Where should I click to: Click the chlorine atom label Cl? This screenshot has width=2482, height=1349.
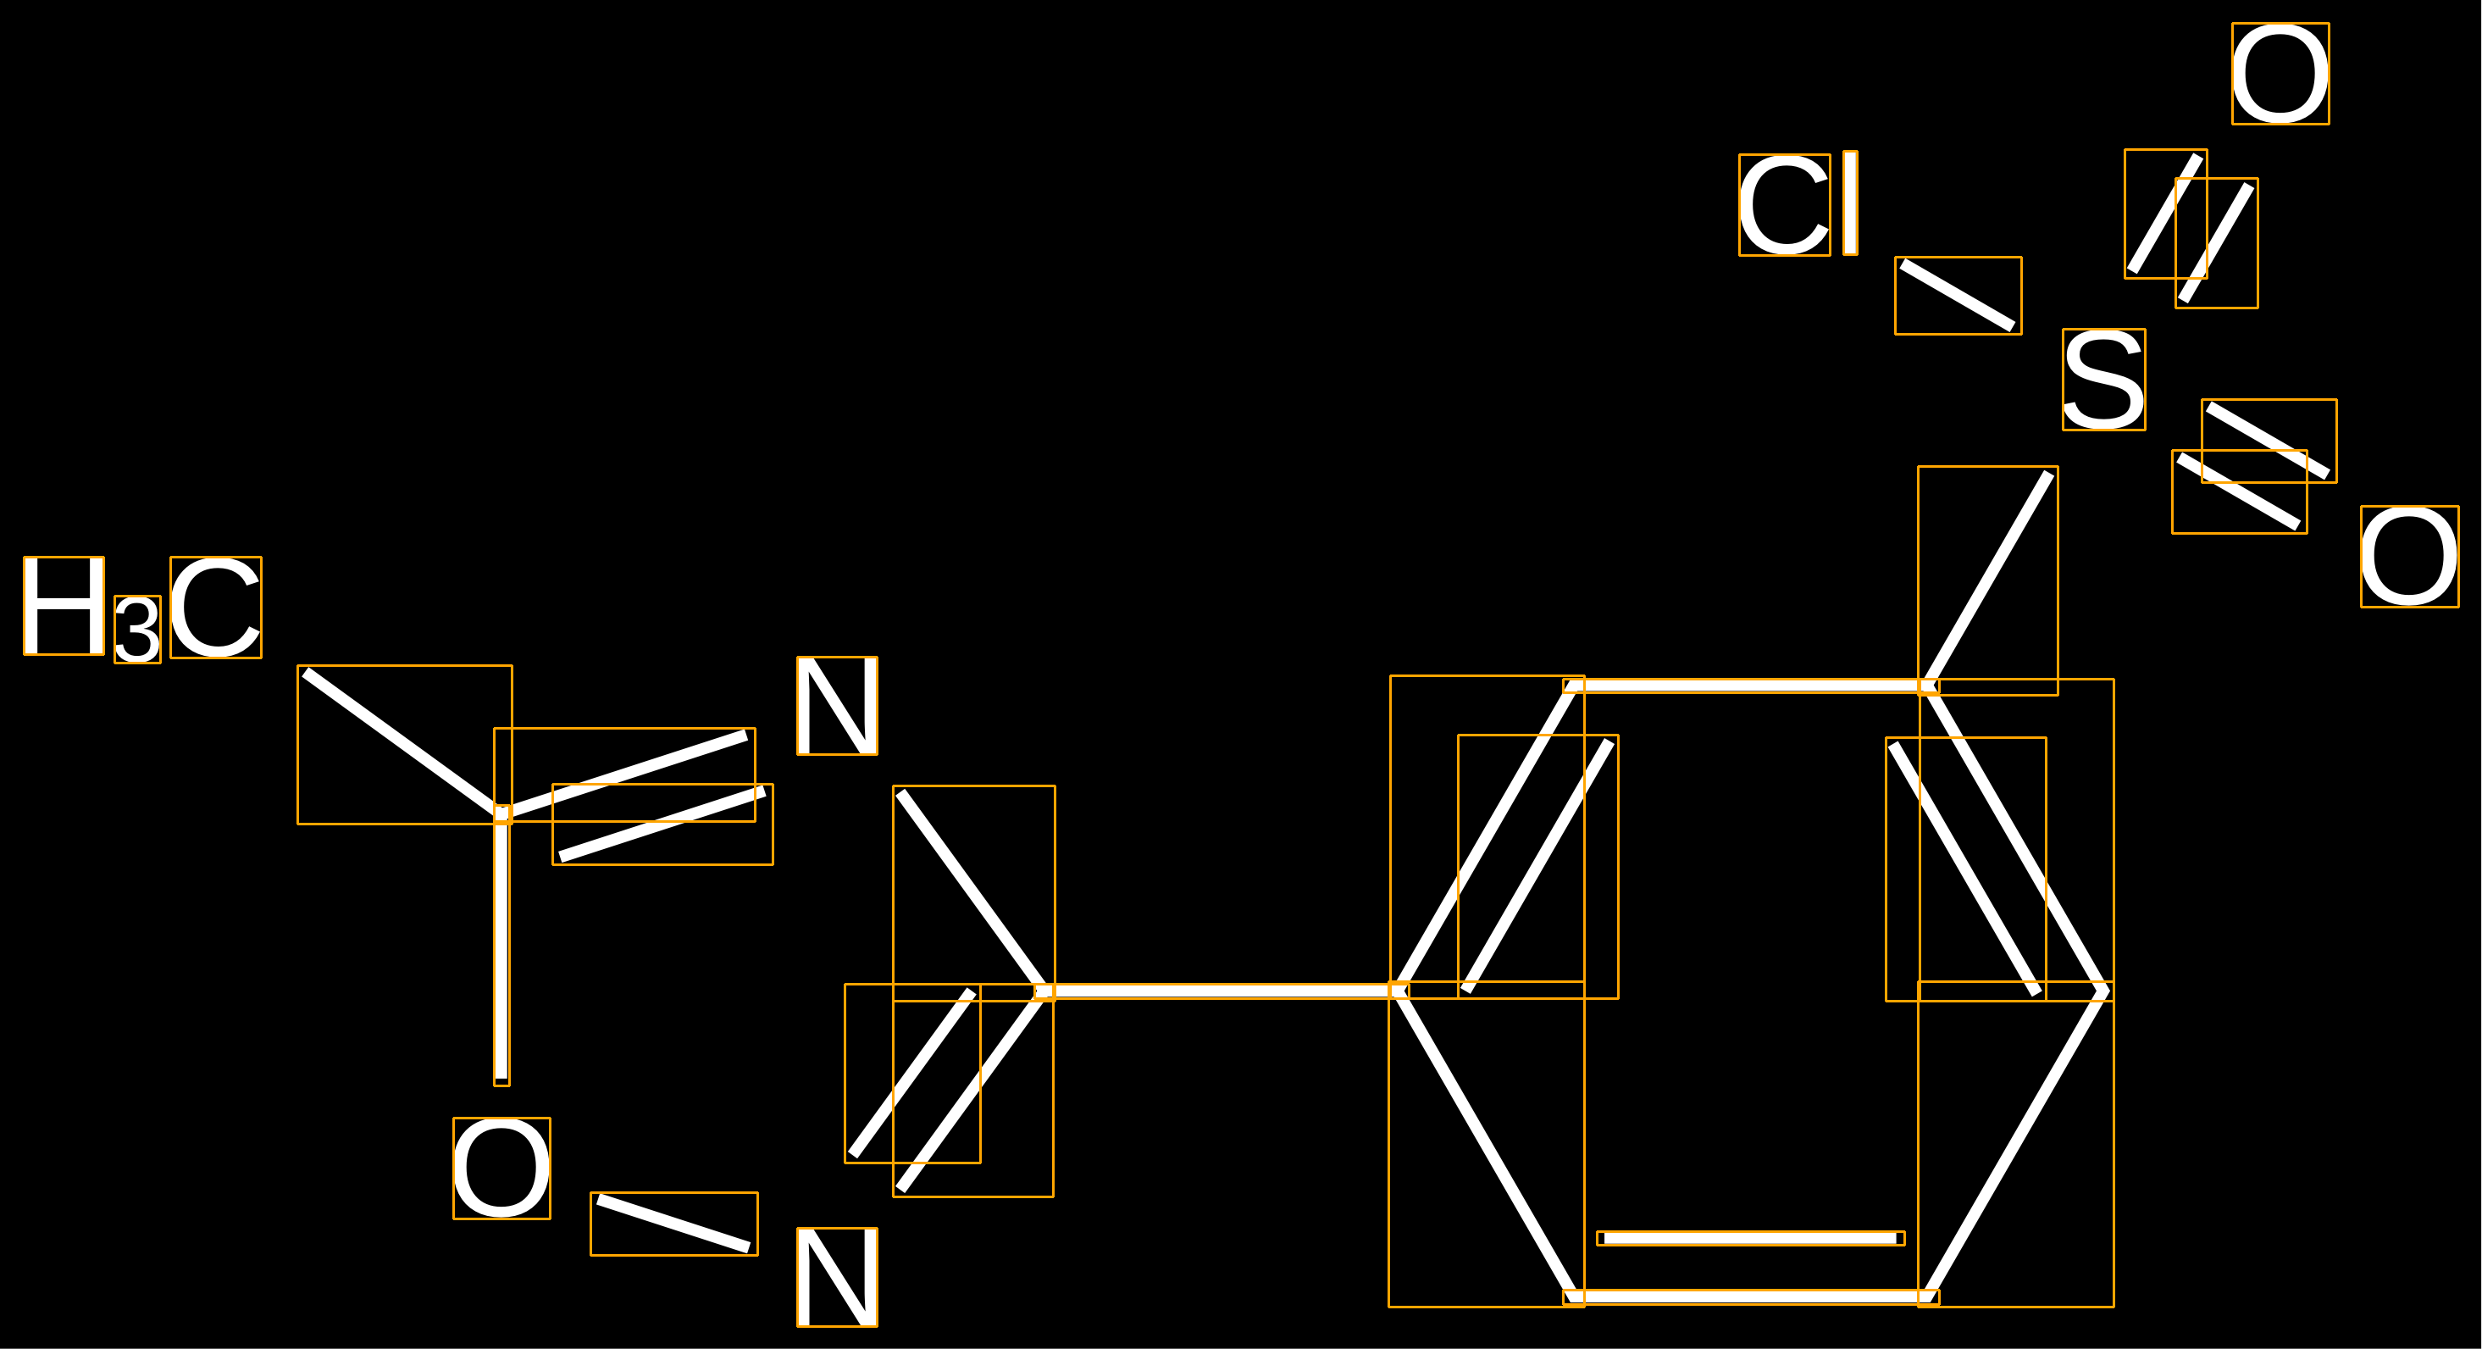click(x=1797, y=204)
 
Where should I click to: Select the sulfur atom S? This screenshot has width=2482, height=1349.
click(x=2103, y=380)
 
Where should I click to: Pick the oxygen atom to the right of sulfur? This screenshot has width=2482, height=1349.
click(x=2409, y=557)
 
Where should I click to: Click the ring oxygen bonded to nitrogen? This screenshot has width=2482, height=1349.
click(x=501, y=1168)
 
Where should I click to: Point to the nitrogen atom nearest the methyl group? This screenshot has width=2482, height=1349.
click(x=836, y=705)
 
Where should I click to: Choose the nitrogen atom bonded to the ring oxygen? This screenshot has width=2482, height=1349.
click(x=836, y=1277)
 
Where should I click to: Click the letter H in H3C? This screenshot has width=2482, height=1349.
click(x=64, y=606)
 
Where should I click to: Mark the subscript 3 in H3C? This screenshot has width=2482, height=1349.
click(x=137, y=630)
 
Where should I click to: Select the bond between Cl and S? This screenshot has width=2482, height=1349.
click(x=1958, y=295)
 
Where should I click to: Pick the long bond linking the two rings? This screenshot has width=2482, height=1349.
click(x=1221, y=991)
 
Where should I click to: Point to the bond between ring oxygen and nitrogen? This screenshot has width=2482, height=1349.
click(x=673, y=1224)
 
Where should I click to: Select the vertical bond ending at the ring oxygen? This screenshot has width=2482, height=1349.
click(x=501, y=949)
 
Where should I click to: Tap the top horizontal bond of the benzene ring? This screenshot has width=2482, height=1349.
click(x=1750, y=686)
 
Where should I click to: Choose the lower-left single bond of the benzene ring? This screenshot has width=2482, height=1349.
click(x=1486, y=1144)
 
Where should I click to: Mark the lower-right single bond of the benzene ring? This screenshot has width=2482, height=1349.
click(x=2015, y=1144)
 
